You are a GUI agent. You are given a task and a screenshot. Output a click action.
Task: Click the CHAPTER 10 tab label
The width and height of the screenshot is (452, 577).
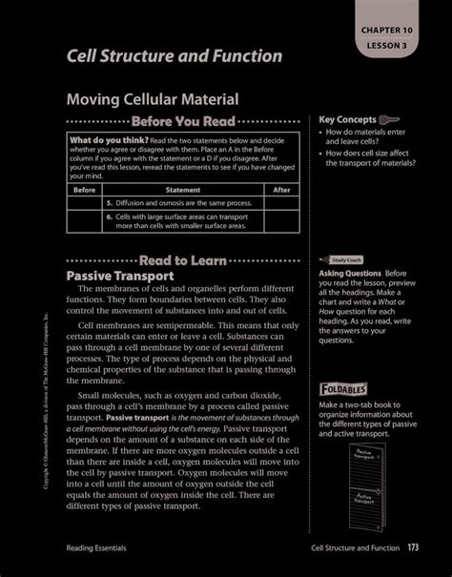pos(394,31)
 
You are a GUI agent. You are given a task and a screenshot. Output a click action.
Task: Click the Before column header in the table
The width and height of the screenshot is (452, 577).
pos(85,190)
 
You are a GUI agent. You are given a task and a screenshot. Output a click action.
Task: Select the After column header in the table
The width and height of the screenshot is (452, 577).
pos(282,190)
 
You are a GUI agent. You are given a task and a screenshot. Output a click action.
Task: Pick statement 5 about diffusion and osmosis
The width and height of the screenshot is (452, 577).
pos(180,203)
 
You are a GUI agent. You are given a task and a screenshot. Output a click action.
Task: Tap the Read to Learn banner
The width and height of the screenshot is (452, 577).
pos(182,260)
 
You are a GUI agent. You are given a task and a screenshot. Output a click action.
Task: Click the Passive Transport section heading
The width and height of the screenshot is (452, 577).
pos(119,276)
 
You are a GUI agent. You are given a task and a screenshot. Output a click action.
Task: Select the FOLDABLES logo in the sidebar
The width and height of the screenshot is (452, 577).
pos(344,390)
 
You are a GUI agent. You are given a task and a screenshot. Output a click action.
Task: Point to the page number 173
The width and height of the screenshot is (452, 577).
pos(413,547)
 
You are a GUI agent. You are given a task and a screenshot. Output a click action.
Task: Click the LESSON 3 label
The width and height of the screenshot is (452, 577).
pos(394,44)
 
